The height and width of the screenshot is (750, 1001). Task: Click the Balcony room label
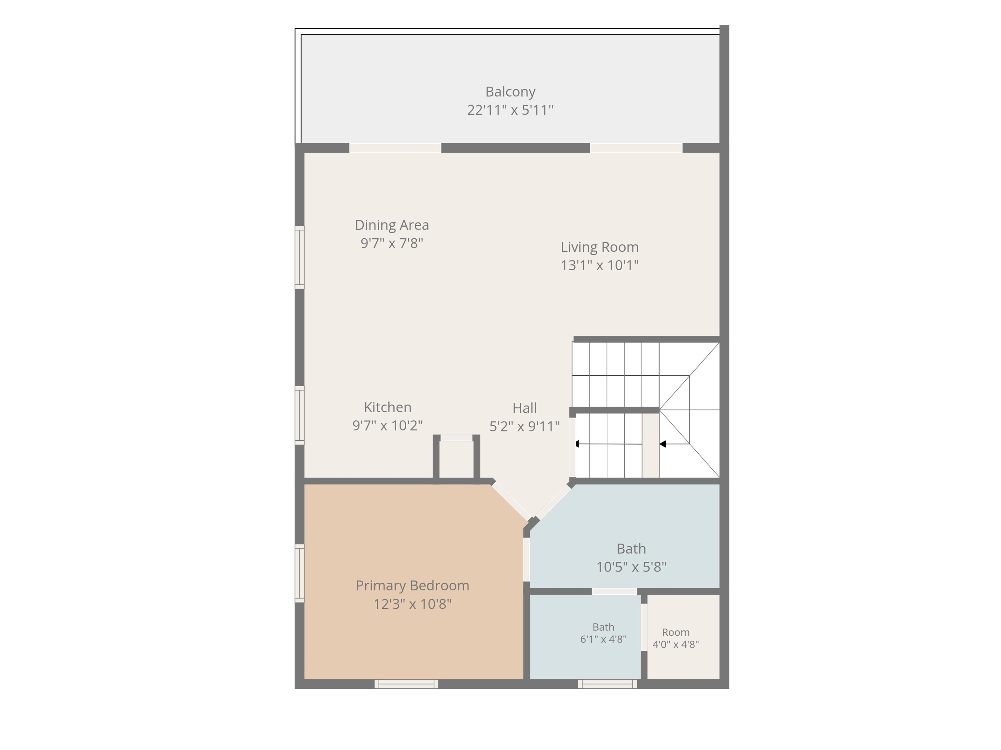coord(511,92)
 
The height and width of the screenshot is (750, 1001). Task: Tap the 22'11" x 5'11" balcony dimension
coord(511,110)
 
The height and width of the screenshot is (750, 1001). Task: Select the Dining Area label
coord(392,225)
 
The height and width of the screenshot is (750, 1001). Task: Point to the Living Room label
coord(600,248)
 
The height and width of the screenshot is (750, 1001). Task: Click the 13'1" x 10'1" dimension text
coord(600,265)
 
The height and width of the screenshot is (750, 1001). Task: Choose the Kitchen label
coord(388,408)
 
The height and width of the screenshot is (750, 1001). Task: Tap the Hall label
coord(525,408)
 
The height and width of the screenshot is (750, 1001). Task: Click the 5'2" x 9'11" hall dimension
coord(525,427)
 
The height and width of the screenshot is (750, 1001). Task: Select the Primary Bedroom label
coord(412,586)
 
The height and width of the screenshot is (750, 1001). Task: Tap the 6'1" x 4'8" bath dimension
coord(603,640)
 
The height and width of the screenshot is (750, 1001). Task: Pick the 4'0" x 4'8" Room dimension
coord(675,644)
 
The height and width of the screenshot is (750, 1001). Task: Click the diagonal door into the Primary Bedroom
coord(511,501)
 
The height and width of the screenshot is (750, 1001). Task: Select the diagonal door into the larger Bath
coord(553,502)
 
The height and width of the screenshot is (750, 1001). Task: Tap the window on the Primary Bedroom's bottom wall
coord(406,684)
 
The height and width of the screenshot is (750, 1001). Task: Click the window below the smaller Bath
coord(607,684)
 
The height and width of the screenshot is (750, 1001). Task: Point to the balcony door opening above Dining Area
coord(395,148)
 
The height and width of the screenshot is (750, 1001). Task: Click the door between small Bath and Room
coord(644,627)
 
